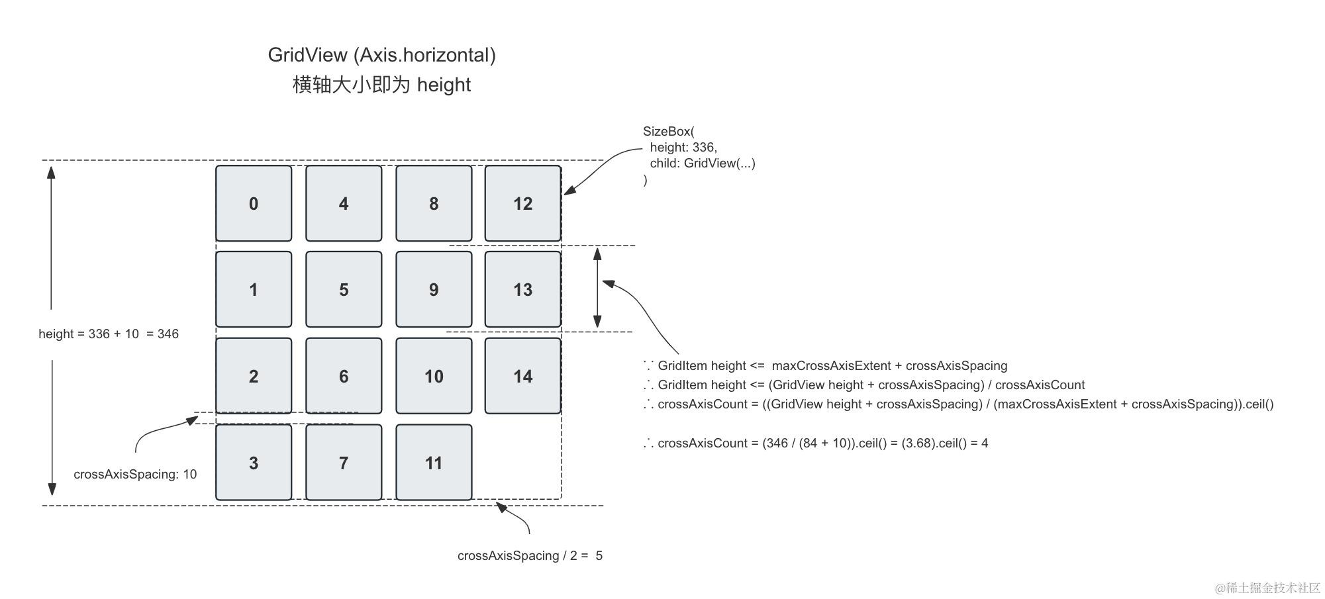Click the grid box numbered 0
click(x=254, y=203)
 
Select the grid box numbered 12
click(x=522, y=203)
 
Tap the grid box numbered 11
click(x=434, y=463)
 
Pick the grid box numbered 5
click(x=344, y=289)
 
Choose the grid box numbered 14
click(x=522, y=376)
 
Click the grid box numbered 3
click(x=254, y=463)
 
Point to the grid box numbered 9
click(x=434, y=289)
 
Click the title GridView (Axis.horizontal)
click(x=381, y=55)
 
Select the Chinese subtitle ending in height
click(x=381, y=85)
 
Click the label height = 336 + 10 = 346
click(x=109, y=334)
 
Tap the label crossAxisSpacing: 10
click(x=135, y=474)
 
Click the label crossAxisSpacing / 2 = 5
click(x=530, y=555)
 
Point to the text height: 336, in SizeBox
click(x=683, y=147)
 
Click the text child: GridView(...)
click(x=702, y=163)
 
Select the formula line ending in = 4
click(x=816, y=443)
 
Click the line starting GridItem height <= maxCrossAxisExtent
click(x=826, y=365)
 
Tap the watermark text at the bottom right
click(x=1267, y=588)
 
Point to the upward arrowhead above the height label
click(x=51, y=172)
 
